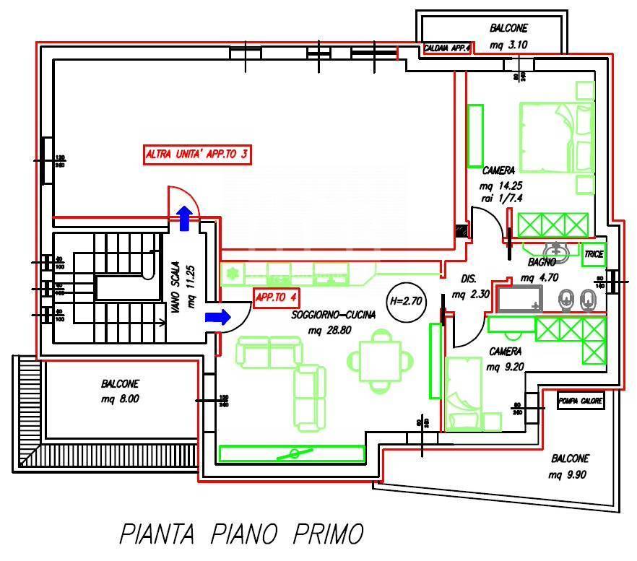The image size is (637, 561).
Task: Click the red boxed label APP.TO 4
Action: [x=274, y=297]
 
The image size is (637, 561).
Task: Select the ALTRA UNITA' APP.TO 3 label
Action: [x=197, y=155]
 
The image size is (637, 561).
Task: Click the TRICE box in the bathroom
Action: [x=594, y=254]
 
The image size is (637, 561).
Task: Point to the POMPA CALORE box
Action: [x=580, y=400]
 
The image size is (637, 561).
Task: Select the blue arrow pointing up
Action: [x=185, y=217]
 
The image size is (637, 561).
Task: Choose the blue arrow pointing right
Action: [x=217, y=316]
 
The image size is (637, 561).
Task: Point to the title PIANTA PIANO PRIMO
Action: [x=240, y=535]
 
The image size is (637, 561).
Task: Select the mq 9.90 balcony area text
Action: [x=569, y=474]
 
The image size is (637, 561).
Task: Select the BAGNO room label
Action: [x=542, y=262]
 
